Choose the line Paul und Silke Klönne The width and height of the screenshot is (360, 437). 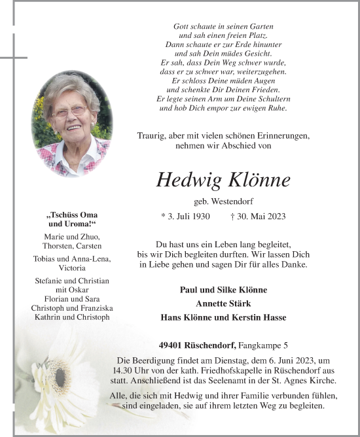(223, 290)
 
